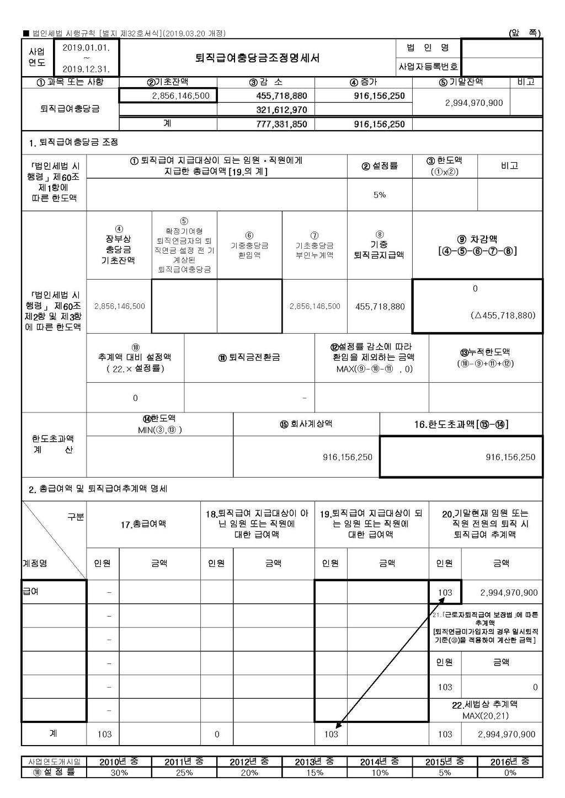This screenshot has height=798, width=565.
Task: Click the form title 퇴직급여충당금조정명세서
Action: pyautogui.click(x=257, y=58)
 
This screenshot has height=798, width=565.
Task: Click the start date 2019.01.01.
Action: pyautogui.click(x=86, y=48)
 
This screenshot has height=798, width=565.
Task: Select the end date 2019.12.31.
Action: pyautogui.click(x=86, y=69)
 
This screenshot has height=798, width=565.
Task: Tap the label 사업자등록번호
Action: pyautogui.click(x=428, y=67)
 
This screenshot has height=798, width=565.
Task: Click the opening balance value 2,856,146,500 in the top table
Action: pyautogui.click(x=181, y=95)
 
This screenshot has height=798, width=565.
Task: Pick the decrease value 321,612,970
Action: pyautogui.click(x=281, y=110)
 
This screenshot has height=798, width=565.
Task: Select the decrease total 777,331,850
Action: pyautogui.click(x=281, y=124)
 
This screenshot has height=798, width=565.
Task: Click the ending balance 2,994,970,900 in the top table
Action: pyautogui.click(x=474, y=103)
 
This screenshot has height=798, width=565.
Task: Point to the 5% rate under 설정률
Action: pyautogui.click(x=380, y=195)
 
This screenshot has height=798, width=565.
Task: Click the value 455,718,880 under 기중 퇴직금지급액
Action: pyautogui.click(x=380, y=306)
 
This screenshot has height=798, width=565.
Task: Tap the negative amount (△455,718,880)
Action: pyautogui.click(x=503, y=315)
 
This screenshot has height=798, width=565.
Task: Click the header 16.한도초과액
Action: pyautogui.click(x=461, y=424)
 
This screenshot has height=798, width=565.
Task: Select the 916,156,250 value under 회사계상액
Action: pyautogui.click(x=348, y=457)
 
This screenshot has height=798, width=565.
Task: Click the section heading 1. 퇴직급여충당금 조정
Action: pyautogui.click(x=73, y=142)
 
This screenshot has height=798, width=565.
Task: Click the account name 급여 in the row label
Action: pyautogui.click(x=30, y=592)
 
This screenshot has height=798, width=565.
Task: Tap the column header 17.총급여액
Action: pyautogui.click(x=143, y=524)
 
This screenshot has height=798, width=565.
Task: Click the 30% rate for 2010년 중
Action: pyautogui.click(x=119, y=773)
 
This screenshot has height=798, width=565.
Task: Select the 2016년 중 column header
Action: pyautogui.click(x=510, y=762)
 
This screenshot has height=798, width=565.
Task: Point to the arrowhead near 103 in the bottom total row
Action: pyautogui.click(x=337, y=727)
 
